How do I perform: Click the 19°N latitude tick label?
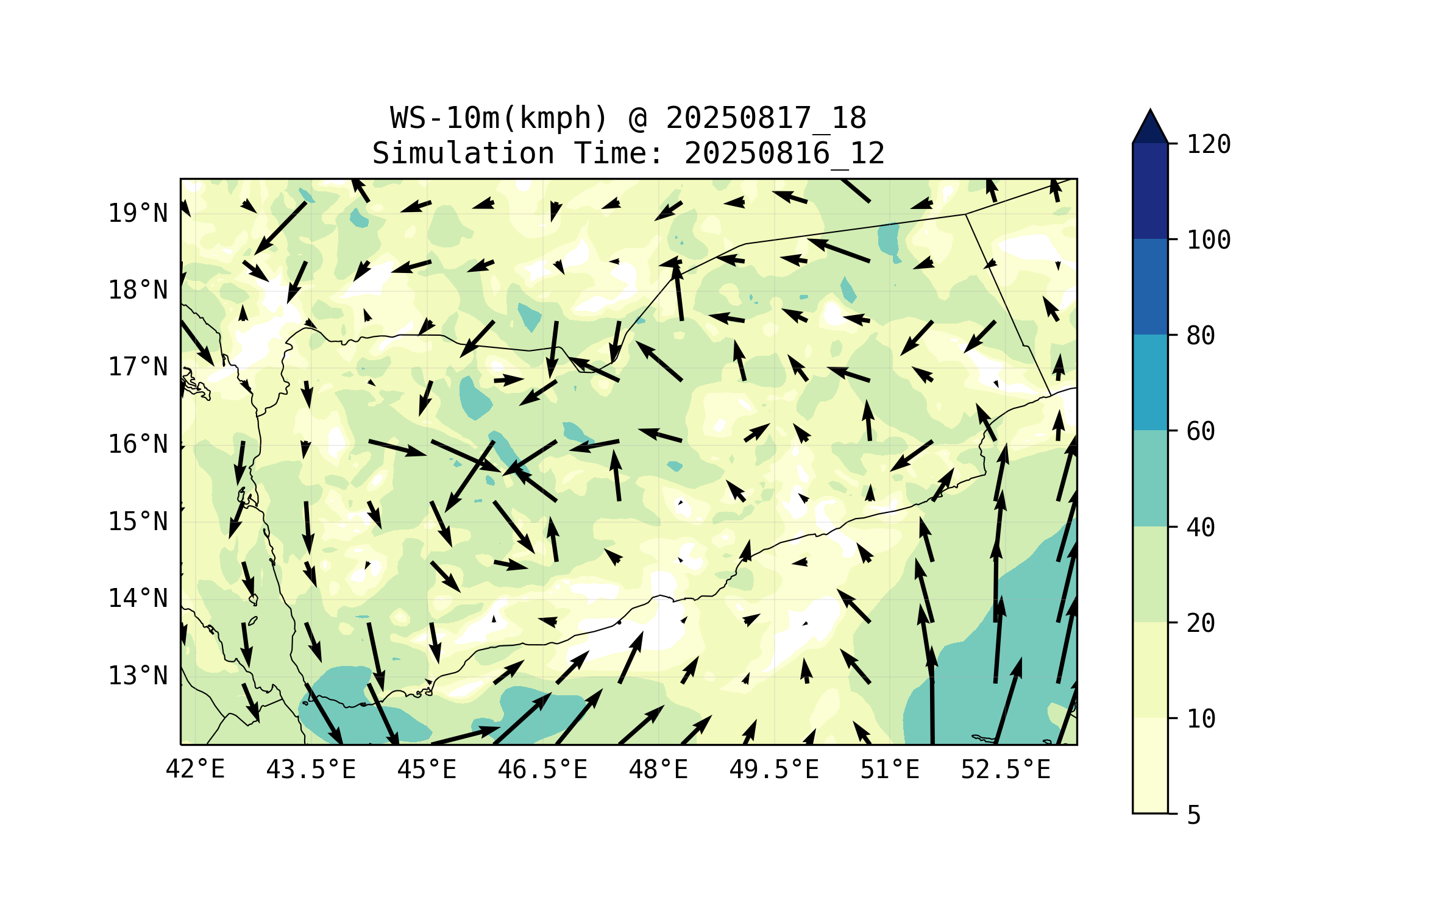point(138,213)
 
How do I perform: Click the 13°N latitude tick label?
point(138,676)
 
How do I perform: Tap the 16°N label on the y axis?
point(138,444)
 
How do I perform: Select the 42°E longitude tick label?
point(195,770)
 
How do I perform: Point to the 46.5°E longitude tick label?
point(542,770)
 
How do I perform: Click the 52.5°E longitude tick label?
point(1006,770)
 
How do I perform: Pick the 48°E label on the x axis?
point(658,770)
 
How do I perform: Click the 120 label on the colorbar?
point(1209,144)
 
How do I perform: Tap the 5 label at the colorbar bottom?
point(1194,815)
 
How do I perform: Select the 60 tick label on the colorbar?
point(1201,431)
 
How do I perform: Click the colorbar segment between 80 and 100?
point(1150,286)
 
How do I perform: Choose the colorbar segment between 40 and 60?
point(1150,478)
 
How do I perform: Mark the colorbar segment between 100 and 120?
point(1150,191)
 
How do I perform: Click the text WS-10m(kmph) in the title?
point(499,118)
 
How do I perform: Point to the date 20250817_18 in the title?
point(765,118)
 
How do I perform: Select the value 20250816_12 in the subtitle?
point(784,153)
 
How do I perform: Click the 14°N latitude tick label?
point(138,598)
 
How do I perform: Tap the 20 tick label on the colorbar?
point(1201,623)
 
